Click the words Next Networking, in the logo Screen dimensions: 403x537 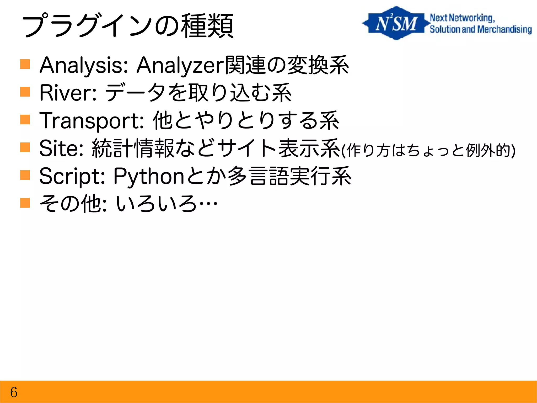[462, 18]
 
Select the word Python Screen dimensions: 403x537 [149, 176]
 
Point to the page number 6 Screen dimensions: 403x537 [14, 392]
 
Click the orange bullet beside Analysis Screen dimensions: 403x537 [25, 64]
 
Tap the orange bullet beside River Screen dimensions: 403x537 [25, 92]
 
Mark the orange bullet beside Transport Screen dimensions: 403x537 [25, 120]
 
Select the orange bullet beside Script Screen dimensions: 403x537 [25, 175]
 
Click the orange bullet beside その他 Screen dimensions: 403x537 [25, 203]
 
